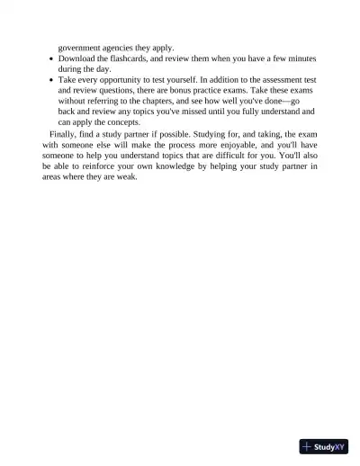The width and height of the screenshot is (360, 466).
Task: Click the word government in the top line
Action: (x=81, y=47)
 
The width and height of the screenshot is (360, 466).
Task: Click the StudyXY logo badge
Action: (x=324, y=446)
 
